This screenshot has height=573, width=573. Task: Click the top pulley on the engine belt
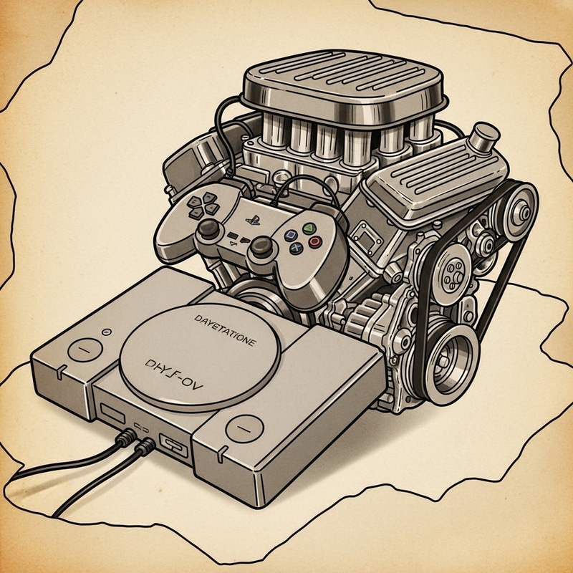[x=521, y=208]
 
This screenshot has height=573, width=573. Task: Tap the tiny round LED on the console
[x=105, y=332]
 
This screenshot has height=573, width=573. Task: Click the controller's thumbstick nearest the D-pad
[x=210, y=230]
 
